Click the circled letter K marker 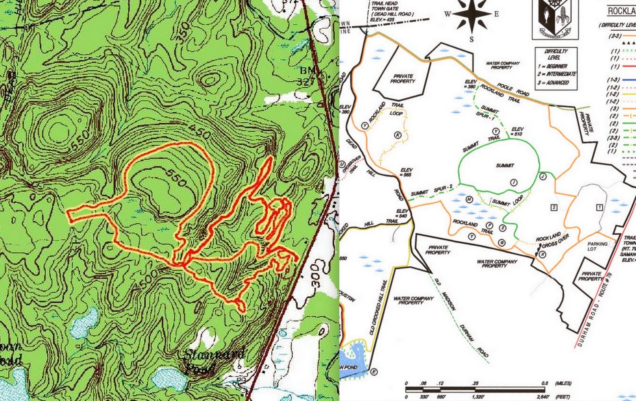(x=398, y=135)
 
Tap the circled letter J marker (x=543, y=176)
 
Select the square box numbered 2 (x=554, y=207)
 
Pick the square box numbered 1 (x=599, y=207)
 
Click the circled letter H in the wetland (x=469, y=199)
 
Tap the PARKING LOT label (x=597, y=246)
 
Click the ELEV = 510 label (x=517, y=131)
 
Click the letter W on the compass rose (x=448, y=14)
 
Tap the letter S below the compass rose (x=472, y=39)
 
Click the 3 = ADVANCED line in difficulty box (x=553, y=82)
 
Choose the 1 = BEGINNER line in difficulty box (x=553, y=66)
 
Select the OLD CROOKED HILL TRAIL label (x=378, y=307)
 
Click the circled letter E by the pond (x=374, y=372)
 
